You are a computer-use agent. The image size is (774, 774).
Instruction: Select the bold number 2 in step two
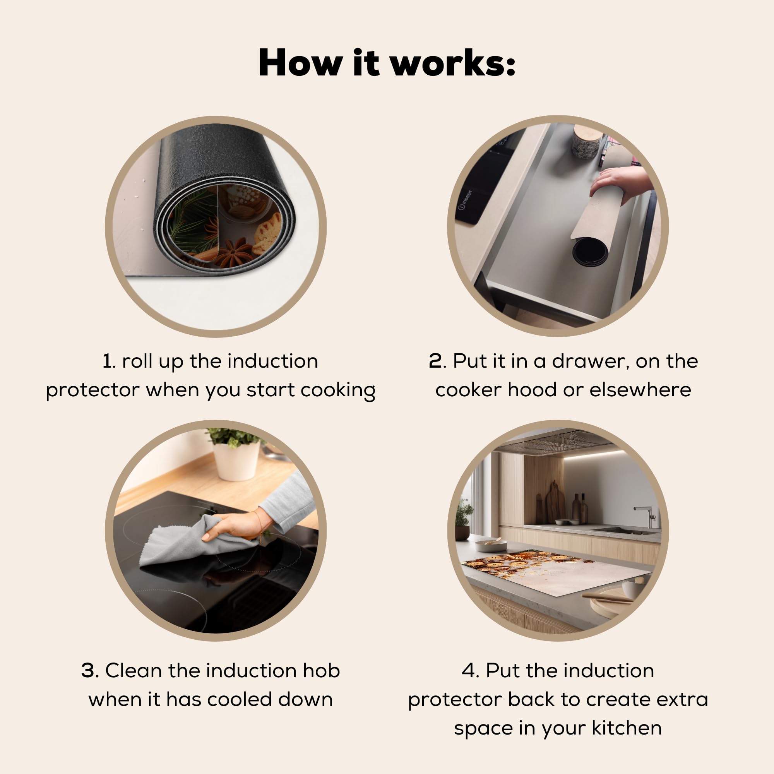pyautogui.click(x=436, y=361)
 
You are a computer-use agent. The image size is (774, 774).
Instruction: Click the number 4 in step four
pyautogui.click(x=468, y=670)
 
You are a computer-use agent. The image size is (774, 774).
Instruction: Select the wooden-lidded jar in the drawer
pyautogui.click(x=586, y=142)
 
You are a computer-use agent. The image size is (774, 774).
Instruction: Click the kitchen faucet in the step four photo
pyautogui.click(x=646, y=517)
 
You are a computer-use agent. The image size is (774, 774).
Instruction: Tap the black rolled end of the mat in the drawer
pyautogui.click(x=590, y=252)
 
